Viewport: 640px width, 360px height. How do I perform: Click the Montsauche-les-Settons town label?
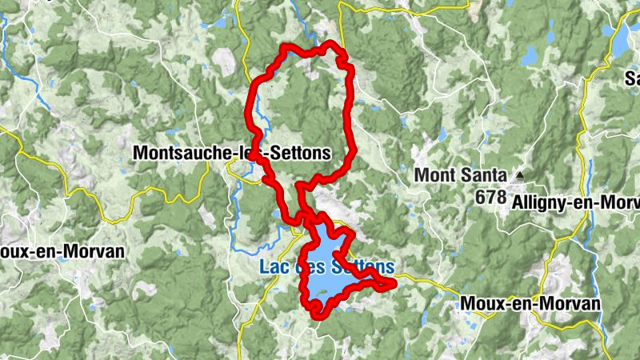(232, 152)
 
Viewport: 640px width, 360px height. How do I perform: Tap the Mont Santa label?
(460, 174)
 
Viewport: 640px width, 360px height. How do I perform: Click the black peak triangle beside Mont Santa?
(521, 174)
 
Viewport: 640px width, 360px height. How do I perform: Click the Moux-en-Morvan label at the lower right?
(530, 304)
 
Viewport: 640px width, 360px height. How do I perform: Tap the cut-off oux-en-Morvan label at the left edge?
(62, 251)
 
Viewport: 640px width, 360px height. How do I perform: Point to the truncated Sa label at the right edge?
(632, 78)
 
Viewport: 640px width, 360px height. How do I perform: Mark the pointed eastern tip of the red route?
(394, 283)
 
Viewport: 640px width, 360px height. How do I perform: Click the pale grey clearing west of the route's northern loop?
(225, 60)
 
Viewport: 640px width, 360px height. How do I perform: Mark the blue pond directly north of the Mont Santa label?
(442, 134)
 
